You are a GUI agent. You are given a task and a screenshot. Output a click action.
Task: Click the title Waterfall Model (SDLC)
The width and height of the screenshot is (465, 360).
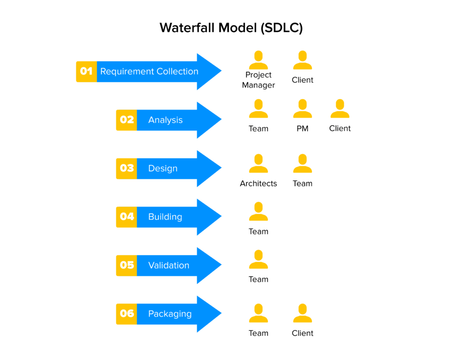point(231,28)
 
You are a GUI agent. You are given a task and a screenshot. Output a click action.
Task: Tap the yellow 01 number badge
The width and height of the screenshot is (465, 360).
point(86,71)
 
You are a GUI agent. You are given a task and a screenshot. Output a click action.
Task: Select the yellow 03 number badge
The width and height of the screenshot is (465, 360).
point(127,168)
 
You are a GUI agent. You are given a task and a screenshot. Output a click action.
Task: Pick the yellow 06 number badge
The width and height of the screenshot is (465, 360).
point(127,314)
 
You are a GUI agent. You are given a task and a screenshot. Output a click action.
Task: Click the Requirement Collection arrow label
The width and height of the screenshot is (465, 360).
point(149,71)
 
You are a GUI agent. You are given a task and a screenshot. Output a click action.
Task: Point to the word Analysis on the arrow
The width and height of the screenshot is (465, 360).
point(165,120)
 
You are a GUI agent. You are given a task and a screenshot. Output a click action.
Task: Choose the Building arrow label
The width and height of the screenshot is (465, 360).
point(165,217)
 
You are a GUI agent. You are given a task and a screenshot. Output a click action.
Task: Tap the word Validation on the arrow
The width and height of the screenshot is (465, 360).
point(168,265)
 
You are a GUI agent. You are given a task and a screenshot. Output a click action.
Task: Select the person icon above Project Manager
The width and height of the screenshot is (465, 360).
point(258,60)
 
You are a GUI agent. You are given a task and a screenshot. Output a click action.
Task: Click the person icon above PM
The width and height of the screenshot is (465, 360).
point(302,109)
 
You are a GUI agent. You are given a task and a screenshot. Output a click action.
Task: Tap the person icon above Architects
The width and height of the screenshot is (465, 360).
point(258,164)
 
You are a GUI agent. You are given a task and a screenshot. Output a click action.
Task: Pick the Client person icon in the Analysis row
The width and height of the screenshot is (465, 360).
point(340,109)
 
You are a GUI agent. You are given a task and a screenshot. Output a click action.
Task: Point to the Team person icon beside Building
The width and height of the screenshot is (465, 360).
point(258,211)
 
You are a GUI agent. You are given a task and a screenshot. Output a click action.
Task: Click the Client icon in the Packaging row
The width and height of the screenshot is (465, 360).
point(302,313)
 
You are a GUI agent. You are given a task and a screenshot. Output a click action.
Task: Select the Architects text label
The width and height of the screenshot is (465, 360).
point(258,184)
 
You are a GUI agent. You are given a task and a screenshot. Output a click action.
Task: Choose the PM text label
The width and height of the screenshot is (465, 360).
point(302,129)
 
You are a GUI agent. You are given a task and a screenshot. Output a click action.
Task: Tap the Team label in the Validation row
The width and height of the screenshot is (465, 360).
point(258,280)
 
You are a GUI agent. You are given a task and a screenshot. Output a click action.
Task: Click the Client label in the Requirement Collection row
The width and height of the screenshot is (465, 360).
point(302,80)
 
